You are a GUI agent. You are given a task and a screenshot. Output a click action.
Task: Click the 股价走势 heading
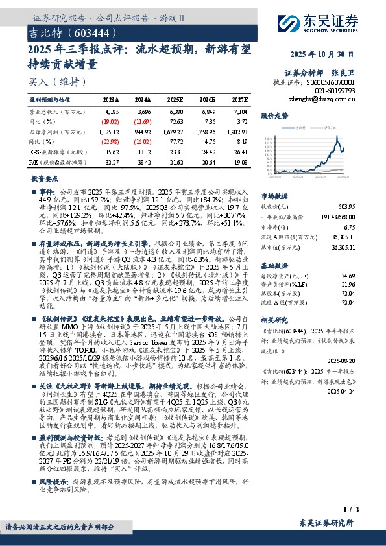[274, 115]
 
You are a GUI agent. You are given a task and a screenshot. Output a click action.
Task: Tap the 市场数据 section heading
[274, 195]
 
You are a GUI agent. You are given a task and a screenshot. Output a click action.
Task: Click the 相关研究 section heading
[274, 320]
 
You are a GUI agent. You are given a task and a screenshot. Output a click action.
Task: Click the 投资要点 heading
[43, 178]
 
